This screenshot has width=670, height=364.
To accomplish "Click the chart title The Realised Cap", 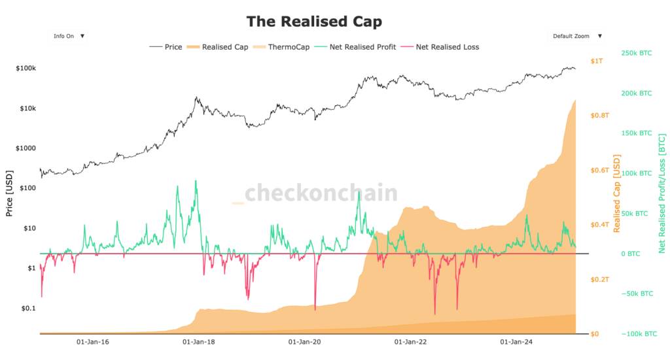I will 313,21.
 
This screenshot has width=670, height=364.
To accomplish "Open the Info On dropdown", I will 67,36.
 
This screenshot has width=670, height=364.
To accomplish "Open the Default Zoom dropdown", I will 575,37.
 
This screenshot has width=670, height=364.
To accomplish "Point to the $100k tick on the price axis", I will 26,69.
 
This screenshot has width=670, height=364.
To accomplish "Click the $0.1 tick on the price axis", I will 28,308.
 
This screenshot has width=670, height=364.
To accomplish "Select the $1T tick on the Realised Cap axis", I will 596,61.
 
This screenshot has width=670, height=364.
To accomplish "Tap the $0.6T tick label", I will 600,171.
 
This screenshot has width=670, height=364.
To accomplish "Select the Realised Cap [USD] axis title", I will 616,194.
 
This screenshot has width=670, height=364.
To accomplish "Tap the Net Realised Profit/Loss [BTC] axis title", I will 661,194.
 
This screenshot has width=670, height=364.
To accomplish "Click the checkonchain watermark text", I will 321,193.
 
